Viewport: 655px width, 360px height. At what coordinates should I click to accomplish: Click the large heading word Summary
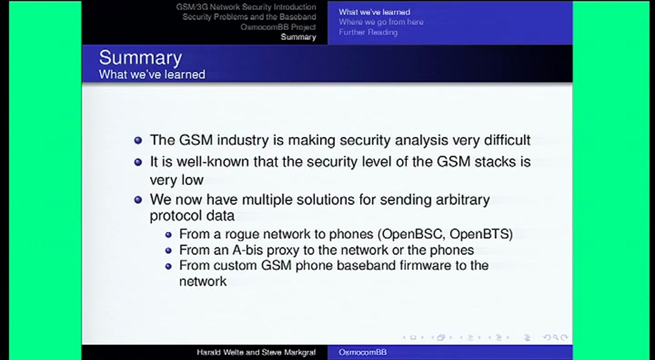tap(141, 58)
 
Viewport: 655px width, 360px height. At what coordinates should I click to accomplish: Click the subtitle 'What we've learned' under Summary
tap(152, 74)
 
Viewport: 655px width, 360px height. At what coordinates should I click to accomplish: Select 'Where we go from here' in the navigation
tap(381, 22)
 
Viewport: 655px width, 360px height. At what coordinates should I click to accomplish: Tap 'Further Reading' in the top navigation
tap(368, 32)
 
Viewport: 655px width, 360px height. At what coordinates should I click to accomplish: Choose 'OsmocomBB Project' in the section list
tap(278, 27)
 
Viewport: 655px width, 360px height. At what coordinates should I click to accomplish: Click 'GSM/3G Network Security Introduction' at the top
tap(246, 7)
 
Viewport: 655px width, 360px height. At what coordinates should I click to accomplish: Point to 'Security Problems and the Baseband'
tap(249, 17)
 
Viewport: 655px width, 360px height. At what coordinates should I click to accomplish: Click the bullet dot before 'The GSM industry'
tap(138, 141)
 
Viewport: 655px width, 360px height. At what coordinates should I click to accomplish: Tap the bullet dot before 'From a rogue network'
tap(168, 235)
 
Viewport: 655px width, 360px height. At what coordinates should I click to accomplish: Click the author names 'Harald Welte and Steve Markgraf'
tap(256, 352)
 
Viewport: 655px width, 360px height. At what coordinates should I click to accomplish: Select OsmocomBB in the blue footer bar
tap(362, 352)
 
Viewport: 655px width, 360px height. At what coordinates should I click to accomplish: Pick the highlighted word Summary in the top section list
tap(298, 37)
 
